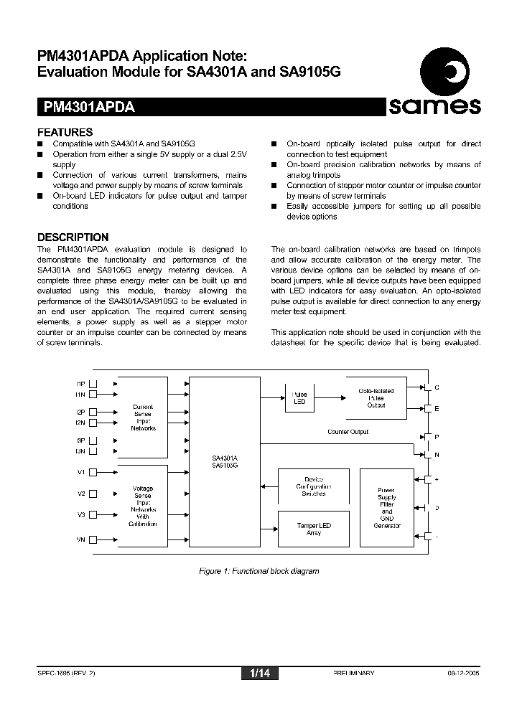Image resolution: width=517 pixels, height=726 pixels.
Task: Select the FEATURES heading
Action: pyautogui.click(x=65, y=132)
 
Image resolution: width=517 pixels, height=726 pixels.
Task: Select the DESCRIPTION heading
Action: pyautogui.click(x=73, y=237)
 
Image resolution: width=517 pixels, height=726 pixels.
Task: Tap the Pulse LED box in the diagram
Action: pyautogui.click(x=299, y=398)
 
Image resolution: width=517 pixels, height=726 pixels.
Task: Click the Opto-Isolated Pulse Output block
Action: pyautogui.click(x=376, y=398)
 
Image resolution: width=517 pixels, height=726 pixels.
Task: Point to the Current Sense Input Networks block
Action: pyautogui.click(x=142, y=417)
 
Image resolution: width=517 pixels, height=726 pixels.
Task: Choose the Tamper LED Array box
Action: pyautogui.click(x=314, y=529)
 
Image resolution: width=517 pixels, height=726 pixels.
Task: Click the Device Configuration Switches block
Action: pyautogui.click(x=314, y=487)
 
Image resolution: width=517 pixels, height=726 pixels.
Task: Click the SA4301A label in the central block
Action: pyautogui.click(x=225, y=458)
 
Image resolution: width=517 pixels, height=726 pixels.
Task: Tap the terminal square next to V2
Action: pyautogui.click(x=93, y=494)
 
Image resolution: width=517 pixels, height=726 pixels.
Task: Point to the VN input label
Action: pyautogui.click(x=80, y=539)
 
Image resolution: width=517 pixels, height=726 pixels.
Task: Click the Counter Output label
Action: pyautogui.click(x=348, y=432)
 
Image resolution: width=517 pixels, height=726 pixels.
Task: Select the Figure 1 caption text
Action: pyautogui.click(x=258, y=571)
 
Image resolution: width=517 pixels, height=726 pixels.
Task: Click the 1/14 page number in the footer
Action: pyautogui.click(x=259, y=674)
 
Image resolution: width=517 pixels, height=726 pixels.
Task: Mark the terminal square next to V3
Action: pyautogui.click(x=93, y=515)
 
